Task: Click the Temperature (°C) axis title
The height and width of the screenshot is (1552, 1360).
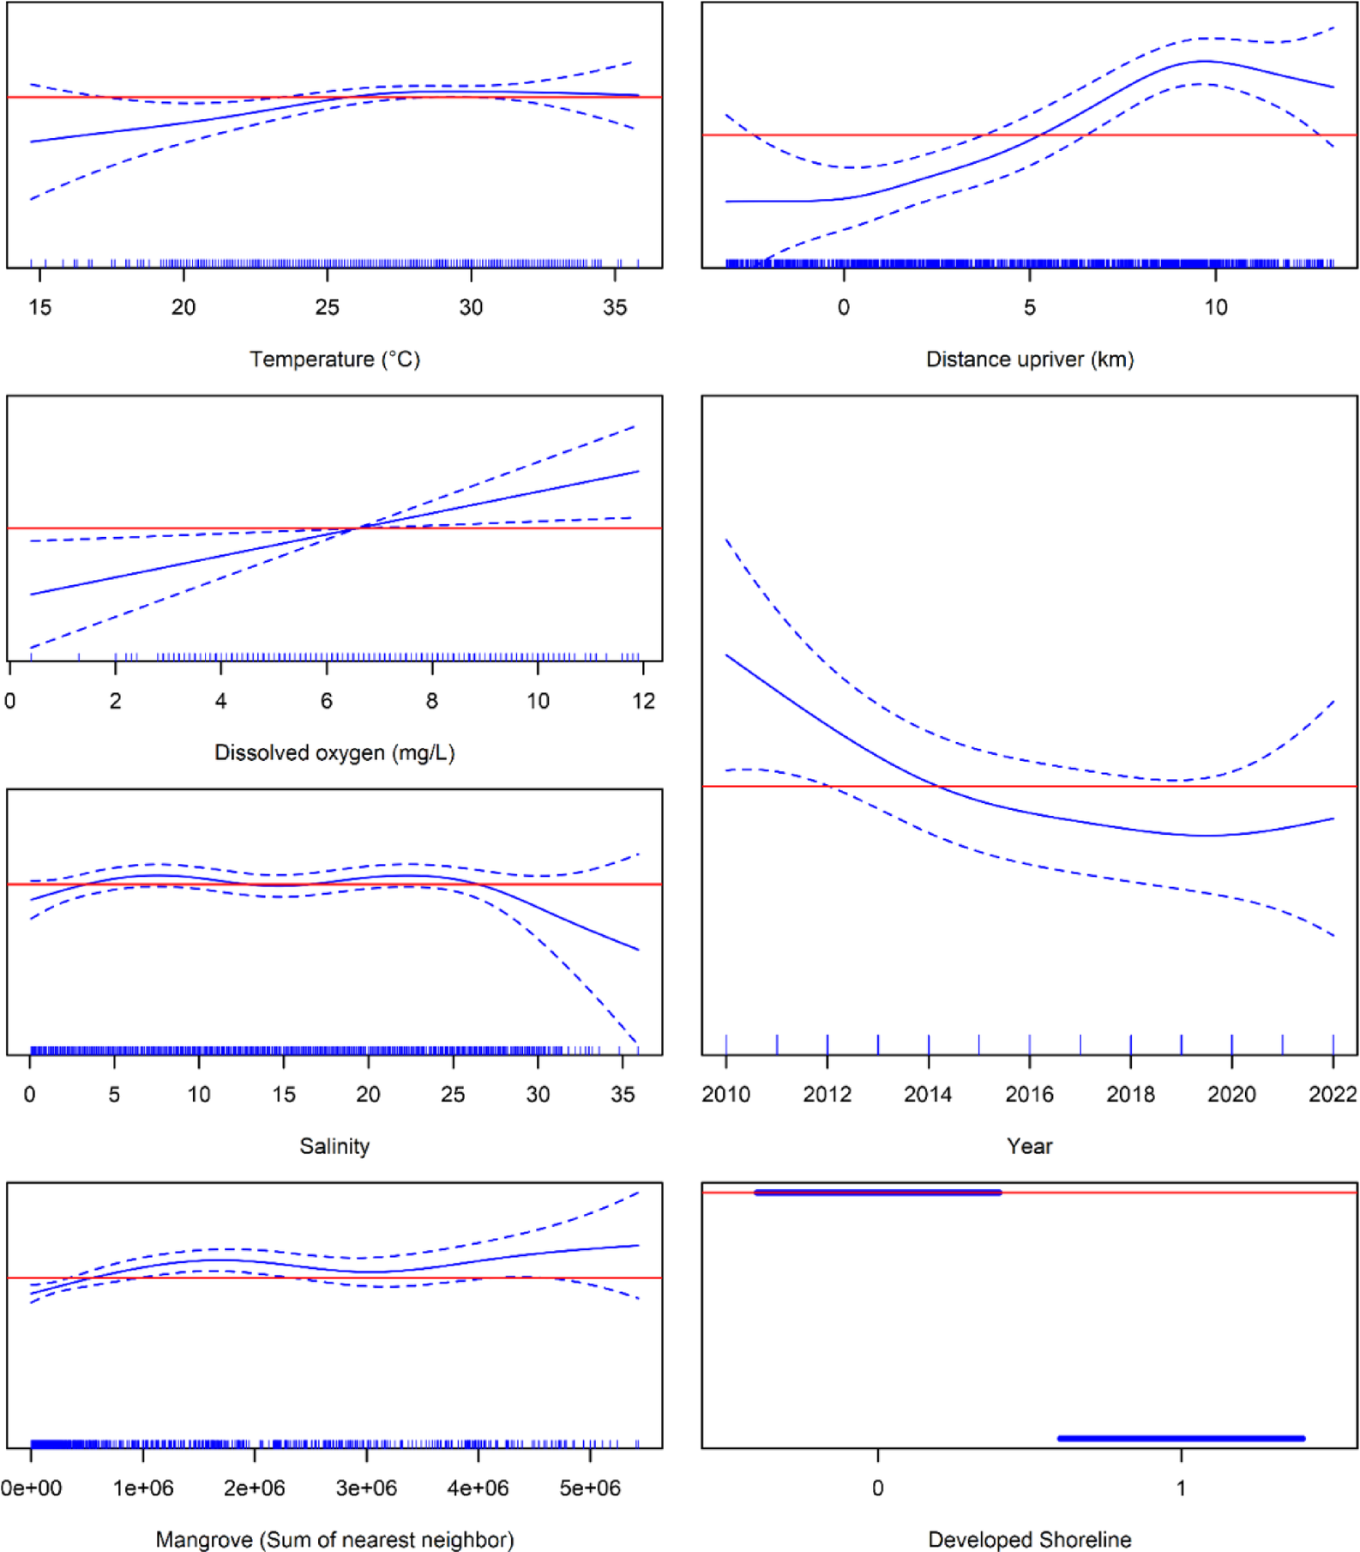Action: click(334, 359)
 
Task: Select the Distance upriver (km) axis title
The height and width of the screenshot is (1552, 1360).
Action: click(1029, 359)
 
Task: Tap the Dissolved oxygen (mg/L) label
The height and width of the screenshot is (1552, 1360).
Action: click(334, 752)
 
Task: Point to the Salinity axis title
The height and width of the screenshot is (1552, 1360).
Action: click(334, 1145)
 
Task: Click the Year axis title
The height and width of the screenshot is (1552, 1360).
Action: click(1029, 1145)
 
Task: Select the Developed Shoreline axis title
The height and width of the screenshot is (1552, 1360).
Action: click(1029, 1539)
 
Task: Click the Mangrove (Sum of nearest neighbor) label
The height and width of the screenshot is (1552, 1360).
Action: click(334, 1539)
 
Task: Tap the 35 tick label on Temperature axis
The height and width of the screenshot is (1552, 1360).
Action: click(615, 307)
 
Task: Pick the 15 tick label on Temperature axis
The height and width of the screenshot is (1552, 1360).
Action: click(39, 307)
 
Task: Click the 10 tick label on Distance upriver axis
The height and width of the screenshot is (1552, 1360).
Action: click(1215, 307)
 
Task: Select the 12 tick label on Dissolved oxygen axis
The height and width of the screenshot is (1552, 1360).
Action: click(643, 701)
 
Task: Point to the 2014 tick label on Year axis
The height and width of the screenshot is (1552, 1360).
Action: click(928, 1094)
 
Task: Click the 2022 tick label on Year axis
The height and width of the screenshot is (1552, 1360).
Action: click(1333, 1094)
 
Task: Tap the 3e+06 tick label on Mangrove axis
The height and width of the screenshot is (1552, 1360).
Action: click(366, 1488)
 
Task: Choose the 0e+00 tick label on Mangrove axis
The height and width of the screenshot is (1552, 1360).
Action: click(32, 1488)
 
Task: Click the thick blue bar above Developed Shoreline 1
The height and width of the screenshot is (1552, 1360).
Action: click(1181, 1438)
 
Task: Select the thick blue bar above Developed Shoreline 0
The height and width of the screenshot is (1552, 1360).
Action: click(877, 1193)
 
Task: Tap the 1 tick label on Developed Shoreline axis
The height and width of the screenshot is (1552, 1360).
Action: click(1181, 1488)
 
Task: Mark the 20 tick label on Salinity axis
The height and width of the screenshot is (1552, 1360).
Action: click(368, 1094)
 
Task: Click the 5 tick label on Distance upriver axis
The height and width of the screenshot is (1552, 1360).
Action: click(1029, 307)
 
